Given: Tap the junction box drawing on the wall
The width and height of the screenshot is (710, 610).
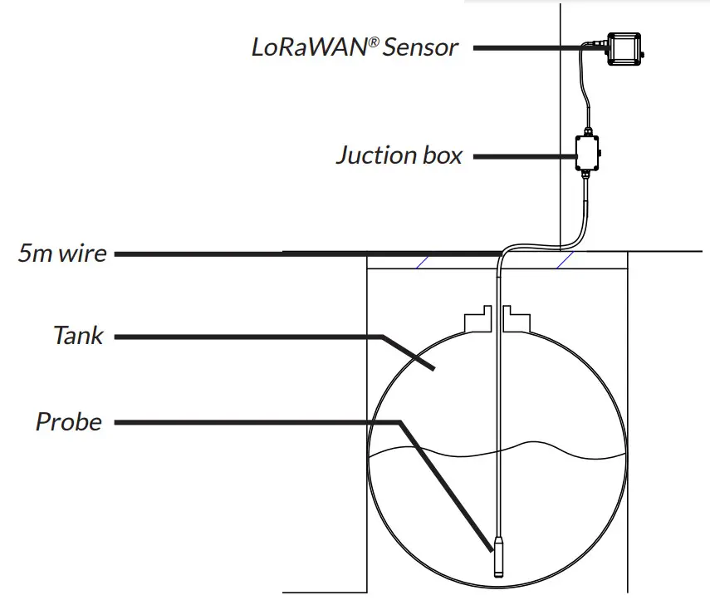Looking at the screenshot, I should pos(590,153).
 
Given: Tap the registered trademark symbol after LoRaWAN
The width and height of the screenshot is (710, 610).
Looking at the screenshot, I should pos(375,42).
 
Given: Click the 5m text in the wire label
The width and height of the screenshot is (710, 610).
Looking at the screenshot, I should pos(36,253).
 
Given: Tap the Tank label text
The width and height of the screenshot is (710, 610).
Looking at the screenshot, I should pos(78,336).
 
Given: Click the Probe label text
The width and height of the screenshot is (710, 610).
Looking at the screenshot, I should pos(68,422).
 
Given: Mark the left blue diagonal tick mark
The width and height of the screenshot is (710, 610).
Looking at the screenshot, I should pos(423,260).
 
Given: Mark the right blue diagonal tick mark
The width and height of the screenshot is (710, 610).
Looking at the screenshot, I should pos(566,260).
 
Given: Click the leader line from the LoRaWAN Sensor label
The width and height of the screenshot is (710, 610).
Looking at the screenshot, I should pos(531,48).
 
